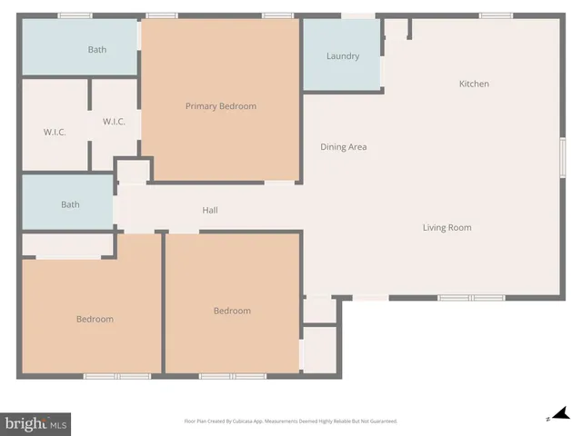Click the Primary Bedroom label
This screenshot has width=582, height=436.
pos(220,106)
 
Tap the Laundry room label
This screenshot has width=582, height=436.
pos(343,56)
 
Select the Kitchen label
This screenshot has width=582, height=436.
pos(474,84)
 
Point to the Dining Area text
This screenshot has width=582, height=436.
pos(344,146)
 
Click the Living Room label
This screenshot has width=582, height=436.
pos(447,227)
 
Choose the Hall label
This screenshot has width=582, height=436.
pos(209,211)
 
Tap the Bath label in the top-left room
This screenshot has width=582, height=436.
pos(97,49)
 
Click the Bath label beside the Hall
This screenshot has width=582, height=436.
pos(70,204)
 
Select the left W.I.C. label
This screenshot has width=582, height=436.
pos(55,132)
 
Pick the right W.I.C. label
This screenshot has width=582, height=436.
pos(114,122)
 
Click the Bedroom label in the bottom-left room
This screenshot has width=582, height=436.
pos(95,319)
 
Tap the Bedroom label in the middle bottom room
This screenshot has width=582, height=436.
pos(232,311)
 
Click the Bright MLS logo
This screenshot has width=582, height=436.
pos(36,423)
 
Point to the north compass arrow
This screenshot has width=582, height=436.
pos(559,414)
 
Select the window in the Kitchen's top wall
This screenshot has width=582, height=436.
pos(496,15)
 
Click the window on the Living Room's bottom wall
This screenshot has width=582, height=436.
pos(470,298)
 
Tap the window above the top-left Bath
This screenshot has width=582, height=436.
pos(75,15)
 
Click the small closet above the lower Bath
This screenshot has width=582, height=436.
pos(133,172)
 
